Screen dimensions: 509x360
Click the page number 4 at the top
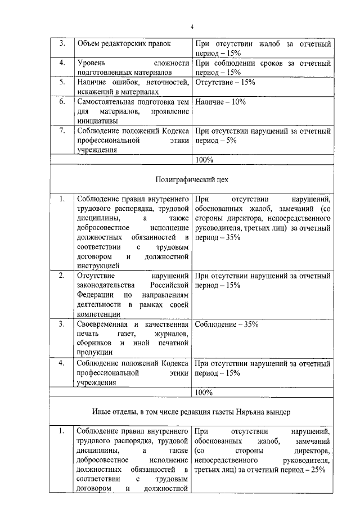191,26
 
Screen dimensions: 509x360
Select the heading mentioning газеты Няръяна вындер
191,412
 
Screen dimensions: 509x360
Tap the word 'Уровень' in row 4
91,63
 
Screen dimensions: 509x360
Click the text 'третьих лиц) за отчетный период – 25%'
259,470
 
